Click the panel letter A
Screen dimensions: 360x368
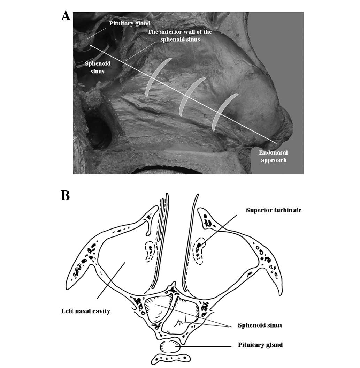pyautogui.click(x=66, y=15)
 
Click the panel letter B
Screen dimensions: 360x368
pyautogui.click(x=66, y=195)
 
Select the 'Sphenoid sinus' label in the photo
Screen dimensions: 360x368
pyautogui.click(x=95, y=67)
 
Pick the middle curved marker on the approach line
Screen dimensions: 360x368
pyautogui.click(x=190, y=96)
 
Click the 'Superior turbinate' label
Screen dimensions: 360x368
pyautogui.click(x=274, y=210)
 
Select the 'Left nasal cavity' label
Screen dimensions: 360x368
pyautogui.click(x=85, y=311)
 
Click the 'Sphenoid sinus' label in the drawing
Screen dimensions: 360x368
pyautogui.click(x=260, y=325)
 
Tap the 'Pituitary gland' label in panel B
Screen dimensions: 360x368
pyautogui.click(x=260, y=345)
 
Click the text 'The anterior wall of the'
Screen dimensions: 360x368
pyautogui.click(x=179, y=32)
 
